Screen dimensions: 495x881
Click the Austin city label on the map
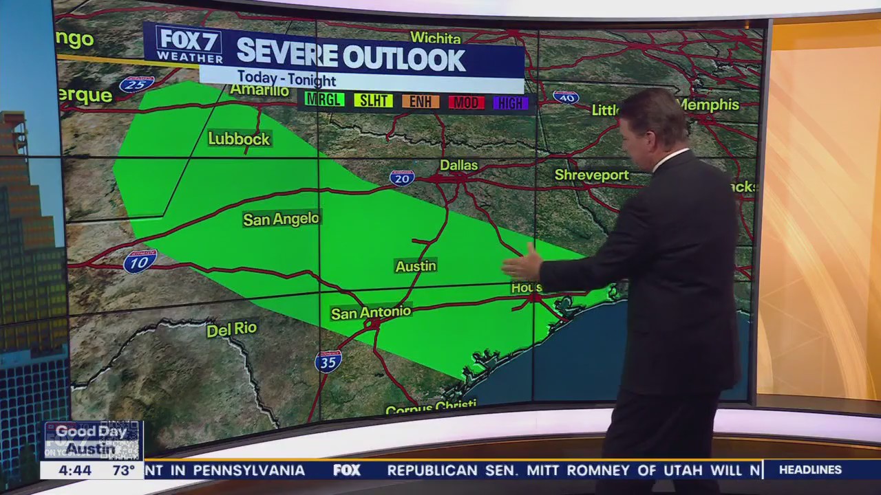click(416, 266)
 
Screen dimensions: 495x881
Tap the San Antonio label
click(371, 313)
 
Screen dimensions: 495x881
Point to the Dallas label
click(459, 166)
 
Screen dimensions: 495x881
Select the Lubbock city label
click(239, 139)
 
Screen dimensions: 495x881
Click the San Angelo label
click(281, 219)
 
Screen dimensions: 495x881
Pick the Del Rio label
click(232, 329)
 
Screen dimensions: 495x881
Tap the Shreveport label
click(592, 175)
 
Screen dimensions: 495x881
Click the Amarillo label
click(259, 91)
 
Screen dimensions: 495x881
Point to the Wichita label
click(435, 38)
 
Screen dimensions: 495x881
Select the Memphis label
click(708, 105)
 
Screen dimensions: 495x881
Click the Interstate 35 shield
click(328, 361)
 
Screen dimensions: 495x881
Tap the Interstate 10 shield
click(140, 261)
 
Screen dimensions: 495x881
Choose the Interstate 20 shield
click(402, 178)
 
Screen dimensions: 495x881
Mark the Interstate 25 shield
click(136, 84)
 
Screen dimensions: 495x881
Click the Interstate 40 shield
click(566, 98)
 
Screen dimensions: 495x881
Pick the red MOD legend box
click(466, 102)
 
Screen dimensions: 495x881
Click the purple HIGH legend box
click(511, 103)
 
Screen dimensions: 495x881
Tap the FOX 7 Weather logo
click(189, 45)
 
